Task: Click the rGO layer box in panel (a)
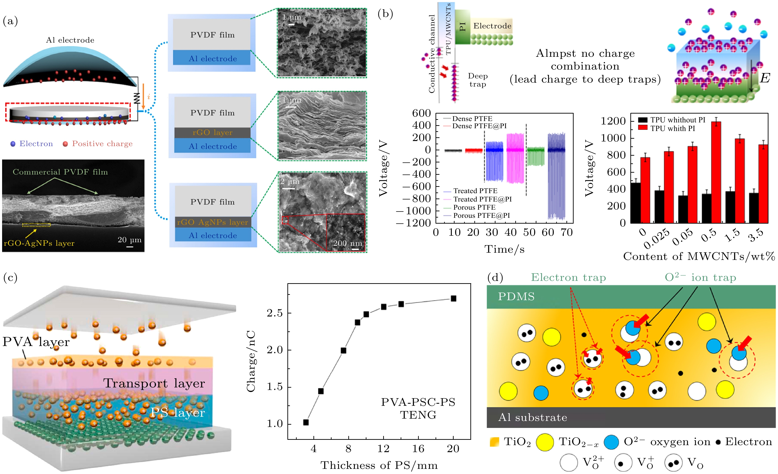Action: (x=212, y=133)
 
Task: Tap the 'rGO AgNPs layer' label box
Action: (x=213, y=222)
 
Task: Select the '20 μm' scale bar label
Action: (x=130, y=240)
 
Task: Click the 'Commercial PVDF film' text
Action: (x=60, y=172)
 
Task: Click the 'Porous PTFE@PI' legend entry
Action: (x=481, y=215)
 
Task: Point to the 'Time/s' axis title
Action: (x=505, y=249)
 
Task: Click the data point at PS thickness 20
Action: (x=453, y=298)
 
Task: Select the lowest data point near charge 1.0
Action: (x=306, y=422)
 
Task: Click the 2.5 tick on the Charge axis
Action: (x=275, y=313)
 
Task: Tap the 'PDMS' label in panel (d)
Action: (x=516, y=296)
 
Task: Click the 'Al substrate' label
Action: (x=533, y=417)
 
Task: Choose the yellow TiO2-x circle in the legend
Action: (x=545, y=442)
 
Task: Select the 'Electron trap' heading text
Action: (x=568, y=277)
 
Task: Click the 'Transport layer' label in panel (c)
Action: (x=154, y=383)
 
